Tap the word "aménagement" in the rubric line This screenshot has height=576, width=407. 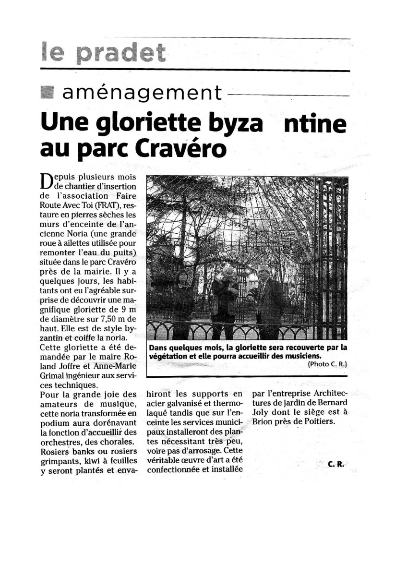pos(142,92)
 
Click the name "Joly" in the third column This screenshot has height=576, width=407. pos(261,413)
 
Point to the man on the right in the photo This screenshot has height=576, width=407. pos(267,298)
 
